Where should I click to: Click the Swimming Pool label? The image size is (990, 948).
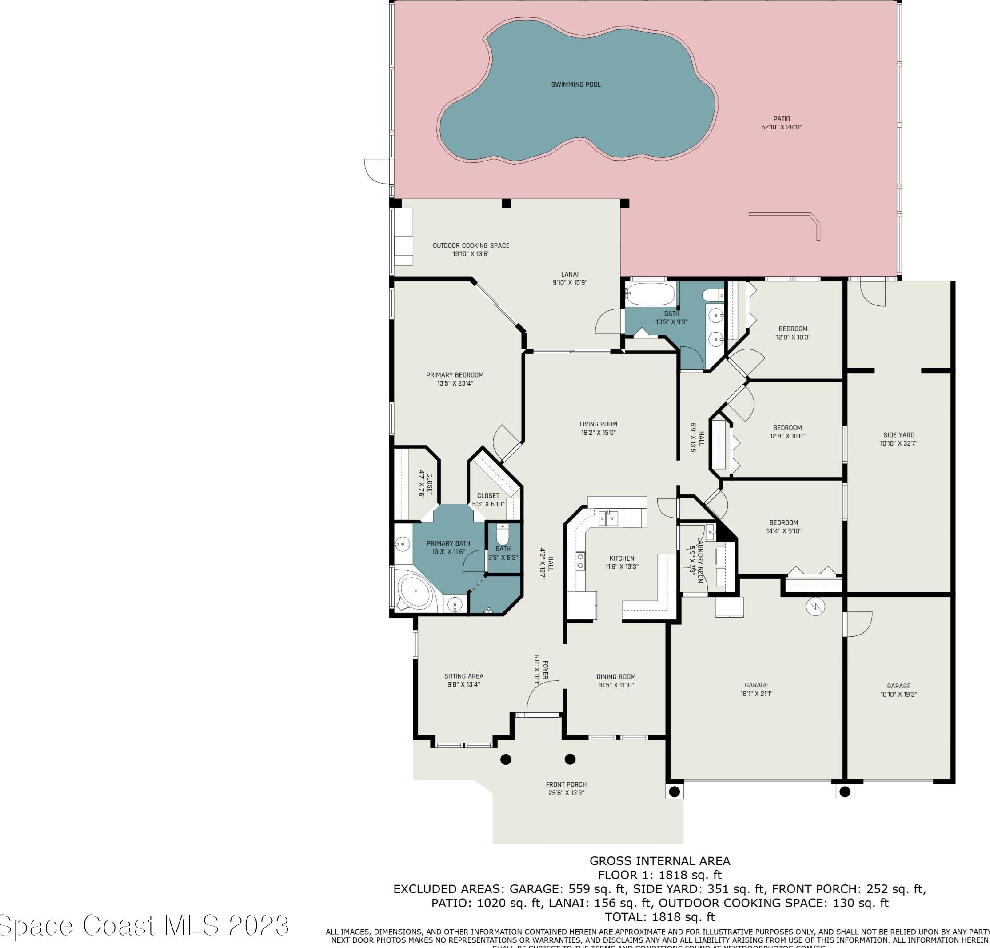[576, 84]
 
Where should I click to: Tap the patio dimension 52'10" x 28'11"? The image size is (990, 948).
[782, 127]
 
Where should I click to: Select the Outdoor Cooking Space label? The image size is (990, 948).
[471, 245]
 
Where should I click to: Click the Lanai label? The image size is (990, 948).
[570, 274]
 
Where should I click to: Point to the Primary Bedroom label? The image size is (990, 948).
[455, 375]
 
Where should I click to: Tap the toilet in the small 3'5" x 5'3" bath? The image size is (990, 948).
[503, 534]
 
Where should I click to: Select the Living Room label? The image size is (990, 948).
[598, 424]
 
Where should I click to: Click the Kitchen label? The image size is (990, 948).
[621, 558]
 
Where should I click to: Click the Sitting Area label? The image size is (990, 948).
[464, 676]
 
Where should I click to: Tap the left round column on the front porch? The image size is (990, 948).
[506, 759]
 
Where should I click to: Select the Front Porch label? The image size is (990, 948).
[566, 784]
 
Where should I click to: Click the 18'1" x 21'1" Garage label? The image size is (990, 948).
[756, 685]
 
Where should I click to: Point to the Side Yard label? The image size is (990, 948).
[898, 435]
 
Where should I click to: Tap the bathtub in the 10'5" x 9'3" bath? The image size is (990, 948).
[650, 293]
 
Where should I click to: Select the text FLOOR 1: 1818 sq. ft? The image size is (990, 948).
[660, 875]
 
